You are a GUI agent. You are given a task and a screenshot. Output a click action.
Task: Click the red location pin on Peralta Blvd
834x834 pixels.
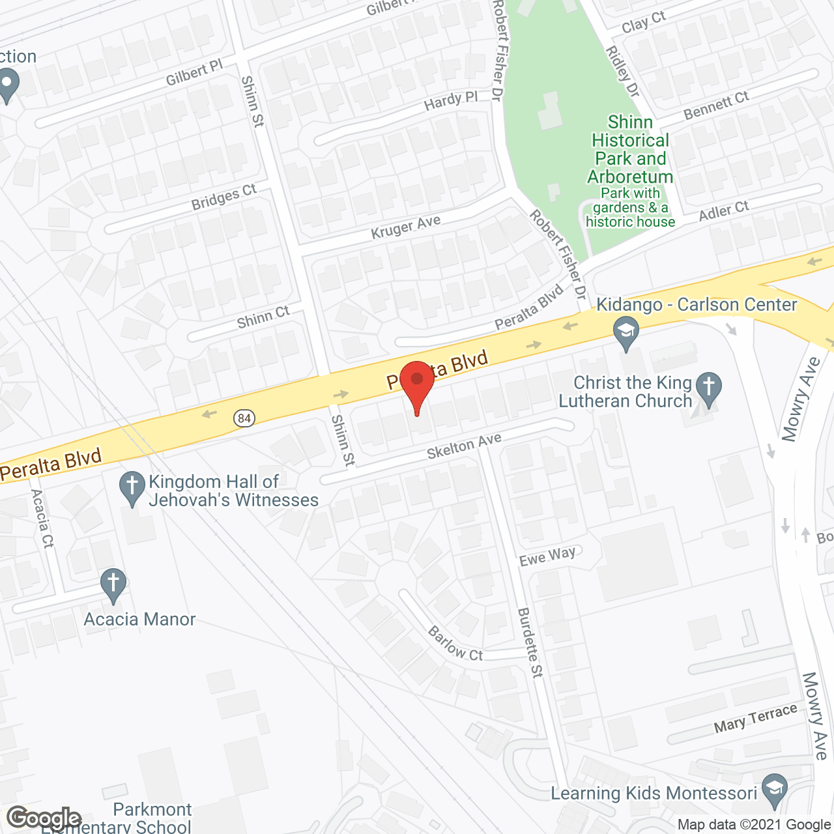417,384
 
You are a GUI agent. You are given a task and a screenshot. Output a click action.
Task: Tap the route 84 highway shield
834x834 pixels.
244,418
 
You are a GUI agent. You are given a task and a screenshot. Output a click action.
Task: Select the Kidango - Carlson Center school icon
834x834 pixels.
626,332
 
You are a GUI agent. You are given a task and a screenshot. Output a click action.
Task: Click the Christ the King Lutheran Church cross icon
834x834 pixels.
709,386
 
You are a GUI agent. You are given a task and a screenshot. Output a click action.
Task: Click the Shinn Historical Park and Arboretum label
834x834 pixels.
630,150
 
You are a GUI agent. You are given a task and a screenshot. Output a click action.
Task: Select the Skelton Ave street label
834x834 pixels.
464,446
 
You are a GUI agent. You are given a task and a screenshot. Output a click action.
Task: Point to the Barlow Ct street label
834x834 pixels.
455,644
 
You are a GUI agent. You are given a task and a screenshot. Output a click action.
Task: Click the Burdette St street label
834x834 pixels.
530,642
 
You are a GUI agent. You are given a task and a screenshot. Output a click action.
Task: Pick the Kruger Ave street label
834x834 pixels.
405,227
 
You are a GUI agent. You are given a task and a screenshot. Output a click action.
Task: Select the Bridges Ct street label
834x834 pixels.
223,197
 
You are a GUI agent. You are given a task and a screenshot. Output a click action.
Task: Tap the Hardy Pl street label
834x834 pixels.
450,102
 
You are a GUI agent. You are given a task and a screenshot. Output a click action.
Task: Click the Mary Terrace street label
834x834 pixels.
755,718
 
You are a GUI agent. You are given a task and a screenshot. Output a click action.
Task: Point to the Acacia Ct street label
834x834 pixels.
42,519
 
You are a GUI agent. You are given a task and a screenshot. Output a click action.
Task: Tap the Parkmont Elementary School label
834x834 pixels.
117,818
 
